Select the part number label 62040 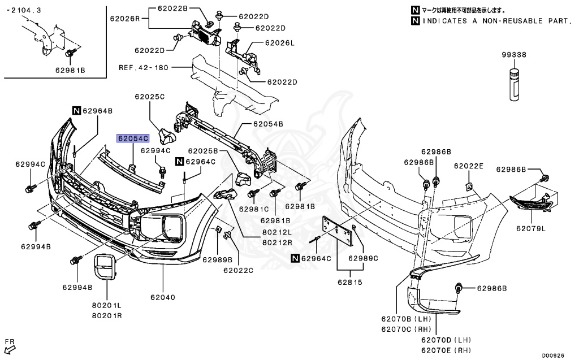point(163,297)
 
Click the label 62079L point(530,229)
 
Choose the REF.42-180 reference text point(144,67)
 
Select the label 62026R point(125,18)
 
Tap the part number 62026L point(280,43)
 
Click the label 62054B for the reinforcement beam point(268,123)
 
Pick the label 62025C point(149,97)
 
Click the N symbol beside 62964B point(76,111)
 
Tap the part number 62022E point(469,166)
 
